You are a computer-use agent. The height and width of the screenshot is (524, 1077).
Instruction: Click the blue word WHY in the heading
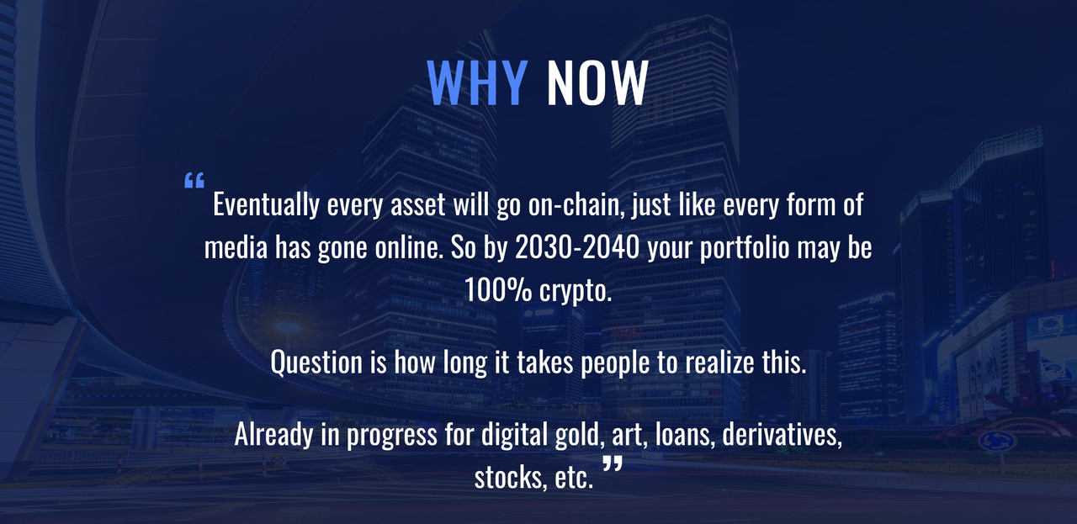pyautogui.click(x=477, y=82)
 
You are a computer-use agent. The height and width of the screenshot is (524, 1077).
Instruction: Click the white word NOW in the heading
pyautogui.click(x=597, y=82)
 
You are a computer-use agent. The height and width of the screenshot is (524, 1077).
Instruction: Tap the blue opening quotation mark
pyautogui.click(x=194, y=180)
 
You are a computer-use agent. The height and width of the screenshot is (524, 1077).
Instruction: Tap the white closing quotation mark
pyautogui.click(x=613, y=463)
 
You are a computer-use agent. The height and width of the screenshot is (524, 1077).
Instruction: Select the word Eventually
pyautogui.click(x=266, y=205)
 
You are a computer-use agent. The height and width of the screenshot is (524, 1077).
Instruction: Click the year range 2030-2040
pyautogui.click(x=577, y=247)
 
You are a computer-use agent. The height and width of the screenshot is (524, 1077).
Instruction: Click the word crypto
pyautogui.click(x=576, y=292)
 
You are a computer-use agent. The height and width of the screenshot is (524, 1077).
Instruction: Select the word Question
pyautogui.click(x=316, y=363)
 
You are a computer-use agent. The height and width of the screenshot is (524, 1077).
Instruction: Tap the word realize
pyautogui.click(x=719, y=362)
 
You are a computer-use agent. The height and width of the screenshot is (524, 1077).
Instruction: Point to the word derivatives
pyautogui.click(x=783, y=435)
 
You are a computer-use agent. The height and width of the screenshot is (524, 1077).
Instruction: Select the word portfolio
pyautogui.click(x=745, y=248)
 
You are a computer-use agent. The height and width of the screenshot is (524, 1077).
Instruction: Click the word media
pyautogui.click(x=236, y=247)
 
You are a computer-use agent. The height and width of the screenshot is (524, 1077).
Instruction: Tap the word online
pyautogui.click(x=409, y=247)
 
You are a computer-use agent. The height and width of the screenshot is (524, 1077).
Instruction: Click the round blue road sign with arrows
pyautogui.click(x=998, y=441)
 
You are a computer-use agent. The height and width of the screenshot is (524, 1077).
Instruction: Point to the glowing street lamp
pyautogui.click(x=288, y=327)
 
